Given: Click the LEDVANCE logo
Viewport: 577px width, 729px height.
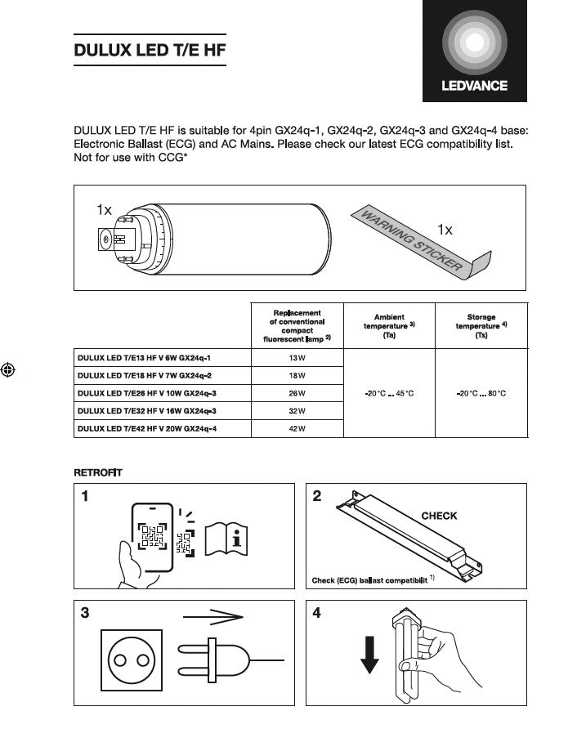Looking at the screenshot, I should pyautogui.click(x=475, y=51).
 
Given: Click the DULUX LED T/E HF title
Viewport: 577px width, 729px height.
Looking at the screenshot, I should pyautogui.click(x=150, y=50).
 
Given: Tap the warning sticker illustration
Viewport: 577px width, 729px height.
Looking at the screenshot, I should pyautogui.click(x=417, y=244).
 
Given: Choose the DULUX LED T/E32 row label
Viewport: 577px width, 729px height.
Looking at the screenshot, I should pyautogui.click(x=147, y=410).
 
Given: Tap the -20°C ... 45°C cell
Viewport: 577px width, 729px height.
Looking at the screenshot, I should pyautogui.click(x=389, y=393).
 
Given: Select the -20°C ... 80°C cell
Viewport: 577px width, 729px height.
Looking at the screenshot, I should pyautogui.click(x=481, y=393).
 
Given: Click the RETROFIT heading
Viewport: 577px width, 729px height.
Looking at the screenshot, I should pyautogui.click(x=98, y=473).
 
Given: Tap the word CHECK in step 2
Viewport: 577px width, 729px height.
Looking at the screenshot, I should pyautogui.click(x=439, y=516).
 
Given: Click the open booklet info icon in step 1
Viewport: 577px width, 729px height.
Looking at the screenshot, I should pyautogui.click(x=226, y=538).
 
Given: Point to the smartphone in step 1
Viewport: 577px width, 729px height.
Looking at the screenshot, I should pyautogui.click(x=153, y=538).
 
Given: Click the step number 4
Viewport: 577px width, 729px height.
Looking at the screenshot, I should pyautogui.click(x=317, y=614).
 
